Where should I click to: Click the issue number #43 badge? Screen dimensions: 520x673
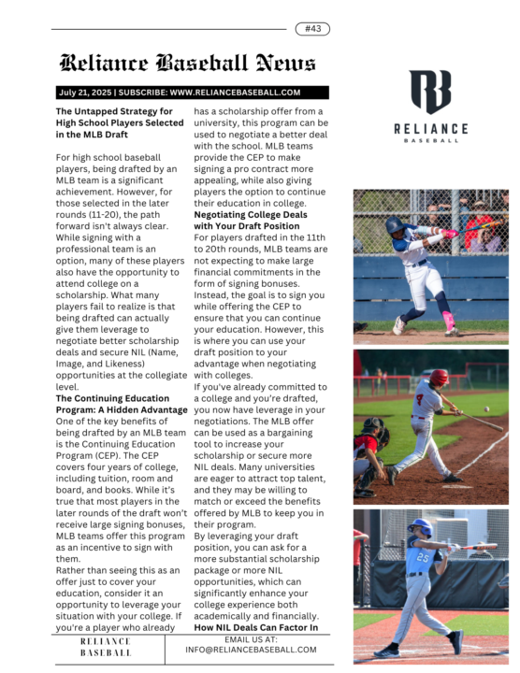tap(312, 29)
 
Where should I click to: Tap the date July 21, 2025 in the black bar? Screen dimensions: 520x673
tap(85, 93)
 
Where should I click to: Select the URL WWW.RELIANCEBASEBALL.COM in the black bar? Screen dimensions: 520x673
tap(235, 93)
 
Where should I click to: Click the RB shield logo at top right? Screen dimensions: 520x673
tap(429, 92)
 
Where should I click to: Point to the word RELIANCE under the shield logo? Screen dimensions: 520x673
tap(430, 128)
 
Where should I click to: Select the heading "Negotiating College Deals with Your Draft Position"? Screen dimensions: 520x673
tap(250, 220)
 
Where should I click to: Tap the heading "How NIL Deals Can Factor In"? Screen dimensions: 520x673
tap(253, 628)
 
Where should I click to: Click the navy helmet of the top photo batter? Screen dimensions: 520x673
tap(396, 226)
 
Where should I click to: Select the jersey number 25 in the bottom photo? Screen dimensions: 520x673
tap(424, 559)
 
